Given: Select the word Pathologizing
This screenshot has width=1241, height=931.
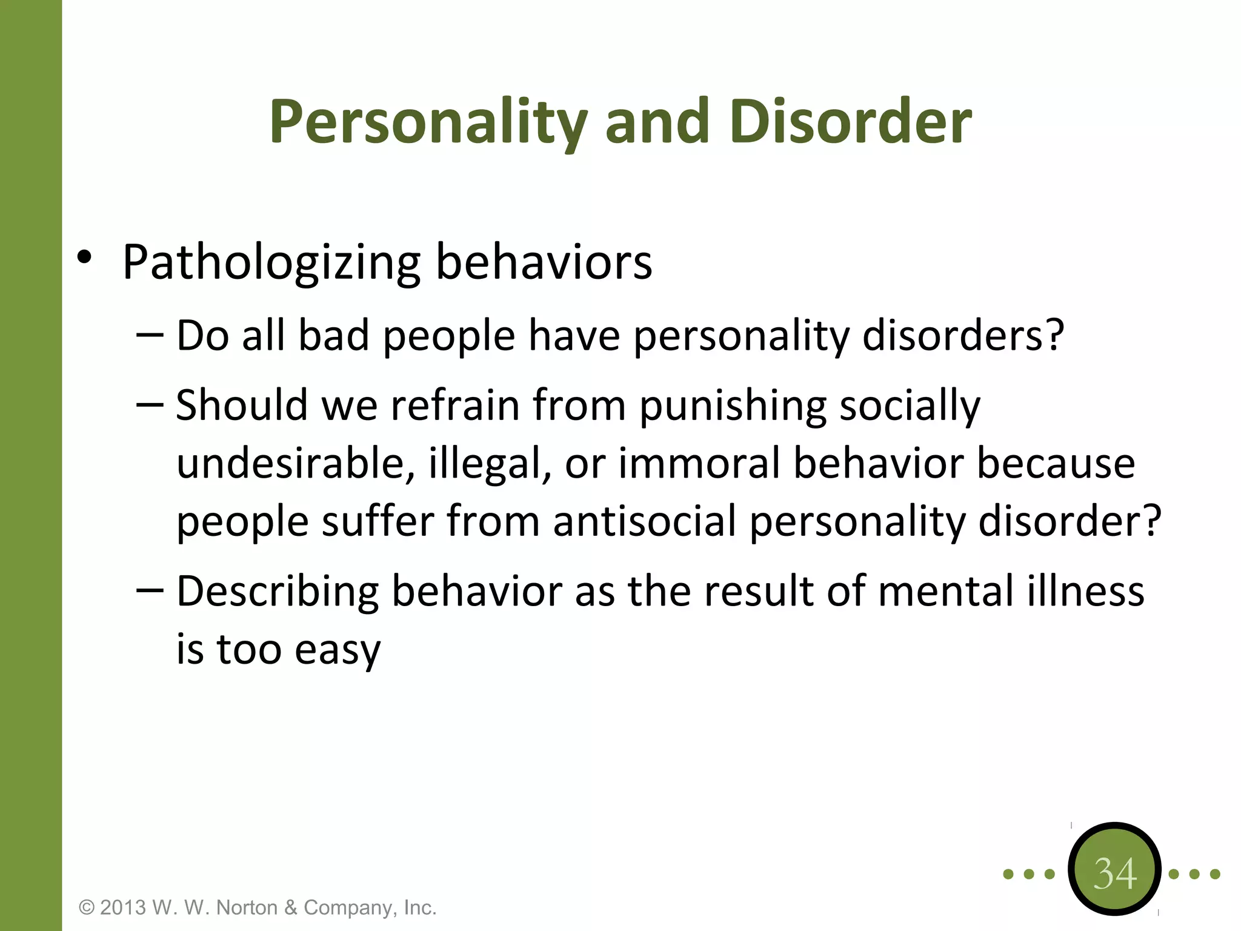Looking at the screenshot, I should point(271,262).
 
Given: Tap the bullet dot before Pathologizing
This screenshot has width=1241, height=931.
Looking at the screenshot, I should point(84,258).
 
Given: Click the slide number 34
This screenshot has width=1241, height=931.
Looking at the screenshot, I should point(1114,873).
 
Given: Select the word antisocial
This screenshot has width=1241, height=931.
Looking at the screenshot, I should point(644,521).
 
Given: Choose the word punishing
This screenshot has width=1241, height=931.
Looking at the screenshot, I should point(733,406).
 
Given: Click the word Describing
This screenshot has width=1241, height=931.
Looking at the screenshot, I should point(278,592).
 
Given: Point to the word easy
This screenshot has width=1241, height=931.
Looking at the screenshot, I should point(338,650).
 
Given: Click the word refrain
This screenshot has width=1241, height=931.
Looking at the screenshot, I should point(455,405).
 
